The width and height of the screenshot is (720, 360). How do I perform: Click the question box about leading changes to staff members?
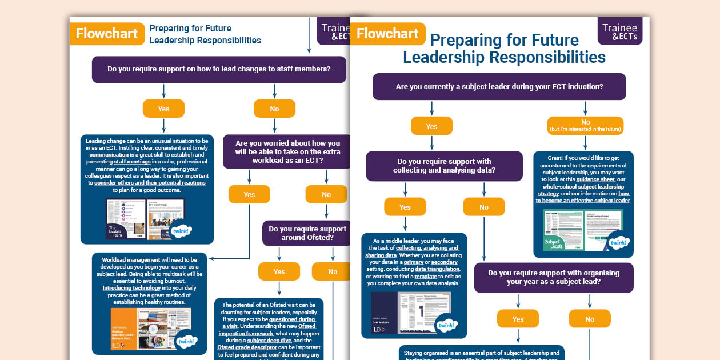coord(219,69)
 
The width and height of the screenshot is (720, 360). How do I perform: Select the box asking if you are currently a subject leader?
coord(499,87)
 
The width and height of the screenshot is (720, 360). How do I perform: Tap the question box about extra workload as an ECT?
coord(287,151)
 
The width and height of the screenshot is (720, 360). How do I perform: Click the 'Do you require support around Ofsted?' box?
coord(307,233)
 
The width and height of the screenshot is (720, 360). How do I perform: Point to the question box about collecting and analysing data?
coord(444,166)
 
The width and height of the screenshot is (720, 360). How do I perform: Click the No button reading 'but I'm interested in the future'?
coord(585,125)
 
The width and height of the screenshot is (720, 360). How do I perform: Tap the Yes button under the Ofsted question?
coord(279,271)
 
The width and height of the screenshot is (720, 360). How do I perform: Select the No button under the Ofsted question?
coord(333,271)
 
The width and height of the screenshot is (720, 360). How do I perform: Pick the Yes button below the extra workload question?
coord(249,194)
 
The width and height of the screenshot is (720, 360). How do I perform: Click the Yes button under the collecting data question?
coord(405,207)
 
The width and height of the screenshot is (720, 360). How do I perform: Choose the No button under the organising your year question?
coord(590,319)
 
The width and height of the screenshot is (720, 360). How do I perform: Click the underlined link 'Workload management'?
coord(131,260)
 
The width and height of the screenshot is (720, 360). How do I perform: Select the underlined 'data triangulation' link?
coord(437,269)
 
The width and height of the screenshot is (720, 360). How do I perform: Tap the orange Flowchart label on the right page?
coord(387,34)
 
